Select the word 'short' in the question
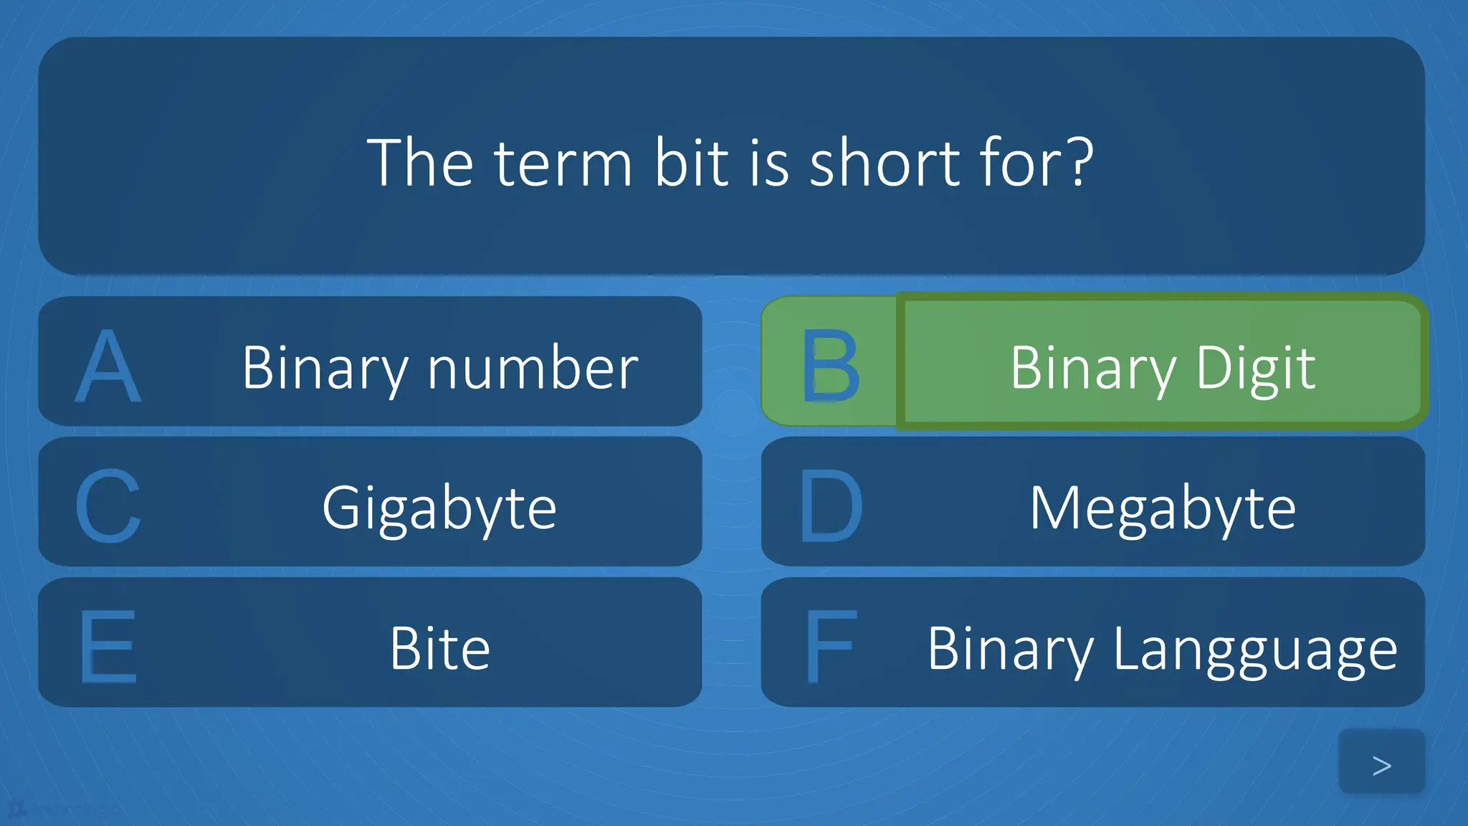[x=885, y=163]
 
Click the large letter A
[x=108, y=366]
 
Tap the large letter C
[x=108, y=506]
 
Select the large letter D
[x=830, y=506]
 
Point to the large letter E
[x=108, y=647]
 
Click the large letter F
[x=830, y=647]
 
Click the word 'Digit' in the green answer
[x=1255, y=369]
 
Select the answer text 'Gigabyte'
[x=439, y=509]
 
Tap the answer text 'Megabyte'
[x=1163, y=509]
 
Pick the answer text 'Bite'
[x=439, y=649]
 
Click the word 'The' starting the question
[x=420, y=163]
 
